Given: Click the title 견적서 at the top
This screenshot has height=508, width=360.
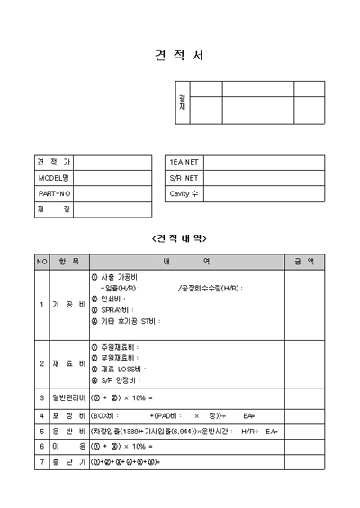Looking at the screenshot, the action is pyautogui.click(x=180, y=56).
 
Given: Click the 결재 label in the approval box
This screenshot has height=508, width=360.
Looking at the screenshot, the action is pyautogui.click(x=183, y=102).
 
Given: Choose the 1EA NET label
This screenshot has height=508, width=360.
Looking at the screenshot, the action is pyautogui.click(x=184, y=162).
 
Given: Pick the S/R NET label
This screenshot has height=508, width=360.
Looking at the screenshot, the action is pyautogui.click(x=184, y=178).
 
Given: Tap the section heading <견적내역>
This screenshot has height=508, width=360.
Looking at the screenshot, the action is pyautogui.click(x=180, y=238).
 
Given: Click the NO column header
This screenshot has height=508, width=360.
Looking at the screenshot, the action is pyautogui.click(x=41, y=261).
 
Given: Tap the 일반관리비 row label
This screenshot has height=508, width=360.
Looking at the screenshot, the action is pyautogui.click(x=68, y=397).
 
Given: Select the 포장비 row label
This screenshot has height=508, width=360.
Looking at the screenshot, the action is pyautogui.click(x=68, y=415).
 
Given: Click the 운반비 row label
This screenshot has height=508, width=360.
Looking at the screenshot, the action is pyautogui.click(x=68, y=432).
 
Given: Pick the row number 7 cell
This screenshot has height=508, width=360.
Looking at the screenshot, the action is pyautogui.click(x=41, y=462).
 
